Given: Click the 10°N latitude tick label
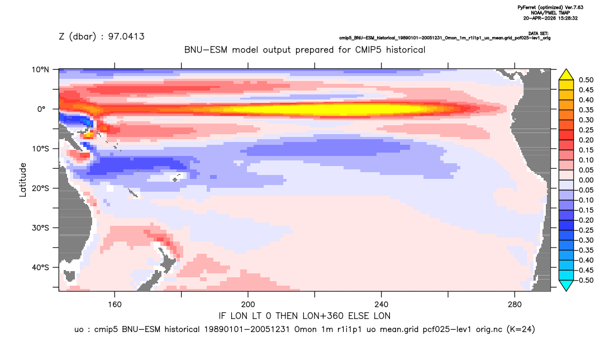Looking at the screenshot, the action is (40, 70).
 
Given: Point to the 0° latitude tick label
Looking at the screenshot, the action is (42, 109).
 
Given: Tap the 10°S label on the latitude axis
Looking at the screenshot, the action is (40, 149).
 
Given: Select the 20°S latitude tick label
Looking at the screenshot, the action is (40, 188).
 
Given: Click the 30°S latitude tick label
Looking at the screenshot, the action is (40, 228).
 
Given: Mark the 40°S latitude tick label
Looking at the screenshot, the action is (40, 267).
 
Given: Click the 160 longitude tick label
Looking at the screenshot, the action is (115, 305).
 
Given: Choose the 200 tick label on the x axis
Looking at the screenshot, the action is (248, 305).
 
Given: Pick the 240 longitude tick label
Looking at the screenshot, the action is (382, 305).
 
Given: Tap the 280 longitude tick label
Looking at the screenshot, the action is (515, 305).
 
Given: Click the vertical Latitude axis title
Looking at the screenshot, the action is (23, 180).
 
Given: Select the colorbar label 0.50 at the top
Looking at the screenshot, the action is (586, 80).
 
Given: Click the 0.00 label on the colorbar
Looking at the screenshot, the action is (586, 180).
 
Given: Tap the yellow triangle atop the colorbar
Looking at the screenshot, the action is (566, 75).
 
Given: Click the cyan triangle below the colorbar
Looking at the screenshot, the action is (566, 285).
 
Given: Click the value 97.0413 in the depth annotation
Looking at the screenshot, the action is (126, 36).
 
